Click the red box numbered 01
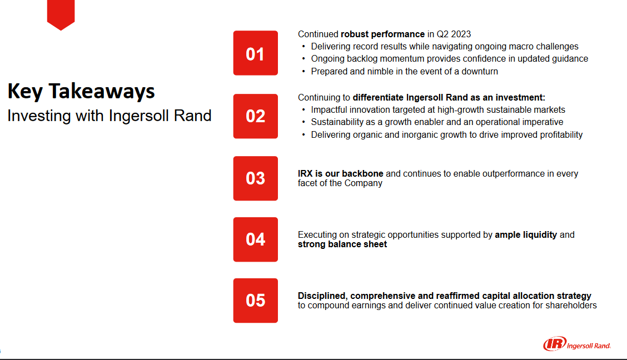coord(255,53)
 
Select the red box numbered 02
coord(255,116)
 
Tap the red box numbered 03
coord(255,178)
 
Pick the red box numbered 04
coord(255,239)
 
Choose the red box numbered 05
coord(255,301)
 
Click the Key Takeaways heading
coord(81,91)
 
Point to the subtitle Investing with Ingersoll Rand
coord(109,116)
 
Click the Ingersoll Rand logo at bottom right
coord(577,345)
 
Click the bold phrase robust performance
coord(382,34)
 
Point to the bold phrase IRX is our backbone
coord(341,174)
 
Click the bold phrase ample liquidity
coord(526,235)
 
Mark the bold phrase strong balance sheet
coord(342,244)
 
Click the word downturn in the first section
coord(479,71)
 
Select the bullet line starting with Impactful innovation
coord(438,110)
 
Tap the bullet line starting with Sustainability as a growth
coord(437,122)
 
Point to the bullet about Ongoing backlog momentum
coord(449,59)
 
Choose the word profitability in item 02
coord(558,135)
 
